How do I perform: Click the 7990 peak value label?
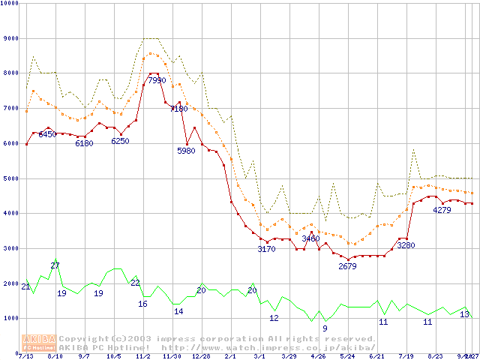[x=157, y=80]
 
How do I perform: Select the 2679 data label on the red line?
[x=347, y=266]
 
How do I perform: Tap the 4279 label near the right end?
[x=442, y=210]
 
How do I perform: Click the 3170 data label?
[x=267, y=249]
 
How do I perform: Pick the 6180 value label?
[x=84, y=143]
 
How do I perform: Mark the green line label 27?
[x=55, y=265]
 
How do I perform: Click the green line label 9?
[x=325, y=328]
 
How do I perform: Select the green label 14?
[x=178, y=311]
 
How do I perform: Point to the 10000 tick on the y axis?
[x=10, y=4]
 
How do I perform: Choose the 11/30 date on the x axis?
[x=172, y=356]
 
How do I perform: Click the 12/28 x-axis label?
[x=202, y=356]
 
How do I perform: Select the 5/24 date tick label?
[x=347, y=356]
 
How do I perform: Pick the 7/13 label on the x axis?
[x=25, y=356]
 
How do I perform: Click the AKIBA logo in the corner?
[x=39, y=342]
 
